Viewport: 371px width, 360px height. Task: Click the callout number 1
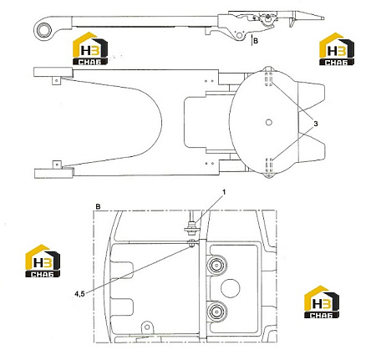click(x=224, y=192)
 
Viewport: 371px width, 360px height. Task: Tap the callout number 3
click(x=316, y=124)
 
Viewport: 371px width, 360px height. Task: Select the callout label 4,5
click(x=79, y=294)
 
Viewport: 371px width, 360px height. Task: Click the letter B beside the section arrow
click(x=256, y=41)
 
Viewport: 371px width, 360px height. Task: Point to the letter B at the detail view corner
click(x=98, y=207)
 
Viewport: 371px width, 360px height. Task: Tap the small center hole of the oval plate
click(x=269, y=122)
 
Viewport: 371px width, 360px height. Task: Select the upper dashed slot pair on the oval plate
click(x=268, y=79)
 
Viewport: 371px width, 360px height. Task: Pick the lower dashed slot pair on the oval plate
click(x=268, y=165)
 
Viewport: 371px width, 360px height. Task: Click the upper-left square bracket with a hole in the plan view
click(x=57, y=80)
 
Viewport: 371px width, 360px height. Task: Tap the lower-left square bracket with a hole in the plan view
click(x=57, y=165)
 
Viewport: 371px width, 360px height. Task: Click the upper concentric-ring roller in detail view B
click(x=216, y=266)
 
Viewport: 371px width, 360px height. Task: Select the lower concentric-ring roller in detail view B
click(x=216, y=312)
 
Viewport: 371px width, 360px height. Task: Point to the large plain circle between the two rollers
click(x=231, y=288)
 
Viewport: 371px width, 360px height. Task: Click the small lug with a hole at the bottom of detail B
click(x=147, y=327)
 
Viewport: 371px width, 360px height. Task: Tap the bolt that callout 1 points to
click(x=192, y=226)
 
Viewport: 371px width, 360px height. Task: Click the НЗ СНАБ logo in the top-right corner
click(x=337, y=49)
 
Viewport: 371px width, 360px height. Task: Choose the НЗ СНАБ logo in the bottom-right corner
click(x=322, y=302)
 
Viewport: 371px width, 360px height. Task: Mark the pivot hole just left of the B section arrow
click(x=240, y=35)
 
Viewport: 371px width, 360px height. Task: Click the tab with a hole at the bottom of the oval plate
click(x=269, y=175)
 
